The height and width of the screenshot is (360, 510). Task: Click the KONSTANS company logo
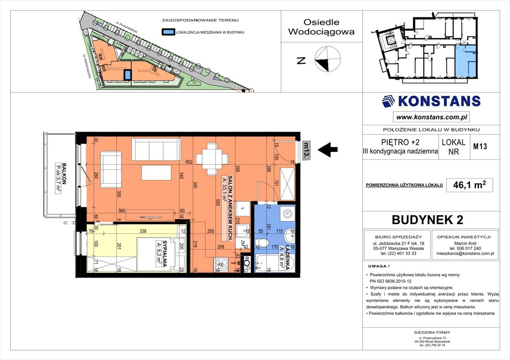(431, 101)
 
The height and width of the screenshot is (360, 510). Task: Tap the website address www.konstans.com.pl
(431, 117)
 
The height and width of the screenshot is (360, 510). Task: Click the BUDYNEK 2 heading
(431, 219)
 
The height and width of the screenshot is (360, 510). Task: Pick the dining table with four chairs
(212, 158)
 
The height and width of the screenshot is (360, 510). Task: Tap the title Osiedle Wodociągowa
(321, 27)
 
